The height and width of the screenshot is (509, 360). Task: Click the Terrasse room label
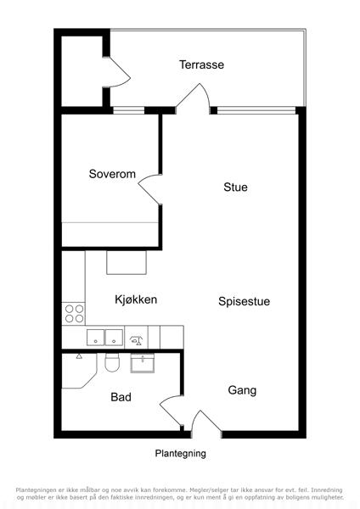201,64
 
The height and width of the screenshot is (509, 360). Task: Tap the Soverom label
112,174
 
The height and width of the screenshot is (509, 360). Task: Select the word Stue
235,187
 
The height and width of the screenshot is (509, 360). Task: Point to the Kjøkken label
136,299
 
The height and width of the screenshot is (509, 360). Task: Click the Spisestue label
244,301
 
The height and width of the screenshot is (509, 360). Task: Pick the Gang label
242,390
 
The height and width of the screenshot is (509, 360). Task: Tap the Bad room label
121,397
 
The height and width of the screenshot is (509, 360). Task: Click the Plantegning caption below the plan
180,454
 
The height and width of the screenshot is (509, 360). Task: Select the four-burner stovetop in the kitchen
74,314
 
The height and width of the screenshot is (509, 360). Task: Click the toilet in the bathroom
112,362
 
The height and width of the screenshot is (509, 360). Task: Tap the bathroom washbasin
143,363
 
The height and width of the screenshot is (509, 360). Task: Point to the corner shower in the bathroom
79,371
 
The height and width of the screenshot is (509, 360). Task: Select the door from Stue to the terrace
193,98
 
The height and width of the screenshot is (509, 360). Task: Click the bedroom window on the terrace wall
129,110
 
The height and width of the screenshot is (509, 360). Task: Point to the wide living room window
256,110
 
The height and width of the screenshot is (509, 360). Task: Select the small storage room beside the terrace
82,71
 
